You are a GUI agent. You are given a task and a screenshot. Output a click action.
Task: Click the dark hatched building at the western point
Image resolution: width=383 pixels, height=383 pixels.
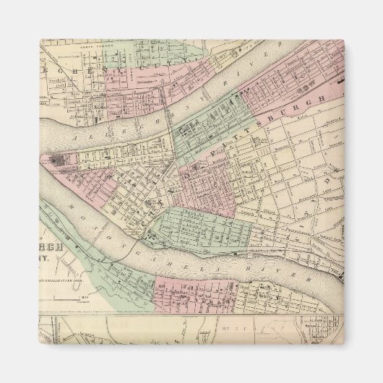56,160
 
